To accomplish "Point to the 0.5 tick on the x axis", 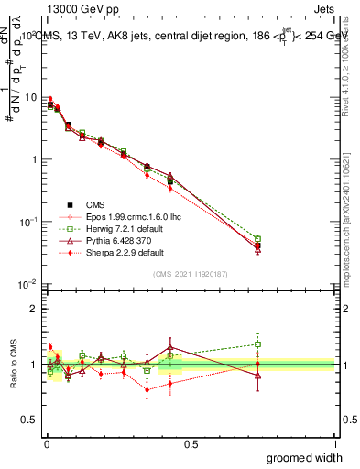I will click(x=191, y=443).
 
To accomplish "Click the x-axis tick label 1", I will click(x=334, y=443).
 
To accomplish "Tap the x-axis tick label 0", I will click(x=45, y=443).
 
